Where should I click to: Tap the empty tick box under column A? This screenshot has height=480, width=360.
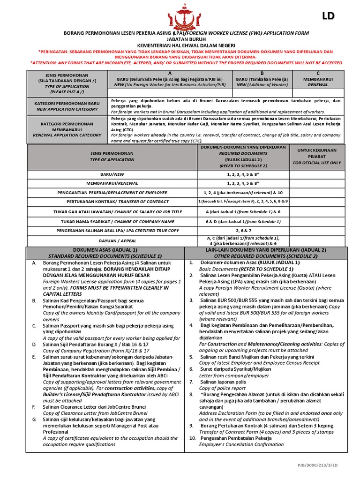170,92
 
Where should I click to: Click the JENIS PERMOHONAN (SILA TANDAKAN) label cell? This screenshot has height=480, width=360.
67,83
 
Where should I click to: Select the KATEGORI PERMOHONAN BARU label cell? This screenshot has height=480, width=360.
67,105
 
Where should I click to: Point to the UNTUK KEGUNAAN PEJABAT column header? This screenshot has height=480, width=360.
317,157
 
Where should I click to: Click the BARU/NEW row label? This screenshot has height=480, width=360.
112,174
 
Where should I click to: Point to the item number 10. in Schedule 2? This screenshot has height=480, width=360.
193,437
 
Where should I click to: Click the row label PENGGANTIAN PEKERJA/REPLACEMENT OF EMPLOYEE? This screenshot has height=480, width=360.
112,192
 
